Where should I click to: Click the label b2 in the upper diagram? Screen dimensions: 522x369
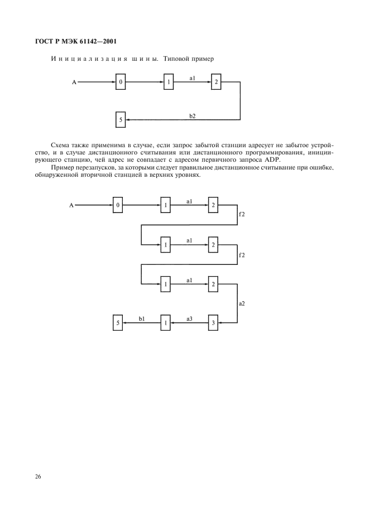(193, 115)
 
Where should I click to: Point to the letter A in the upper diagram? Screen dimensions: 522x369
(74, 83)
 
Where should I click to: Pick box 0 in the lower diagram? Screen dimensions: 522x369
(118, 205)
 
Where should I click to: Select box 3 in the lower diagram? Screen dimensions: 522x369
(213, 322)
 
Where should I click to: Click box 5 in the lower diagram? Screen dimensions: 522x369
(118, 322)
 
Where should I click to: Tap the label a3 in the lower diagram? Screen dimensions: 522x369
(189, 318)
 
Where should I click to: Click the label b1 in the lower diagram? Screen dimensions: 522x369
(142, 318)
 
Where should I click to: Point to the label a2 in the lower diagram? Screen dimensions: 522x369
(242, 304)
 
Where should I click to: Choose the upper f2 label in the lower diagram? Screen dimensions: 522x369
(242, 214)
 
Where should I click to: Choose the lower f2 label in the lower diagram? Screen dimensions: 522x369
(242, 254)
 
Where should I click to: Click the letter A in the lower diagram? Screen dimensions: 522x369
(71, 205)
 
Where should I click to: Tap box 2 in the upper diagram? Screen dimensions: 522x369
(216, 83)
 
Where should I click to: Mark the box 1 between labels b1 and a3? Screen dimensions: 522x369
(165, 322)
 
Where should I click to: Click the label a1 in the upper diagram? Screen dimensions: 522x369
(193, 79)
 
